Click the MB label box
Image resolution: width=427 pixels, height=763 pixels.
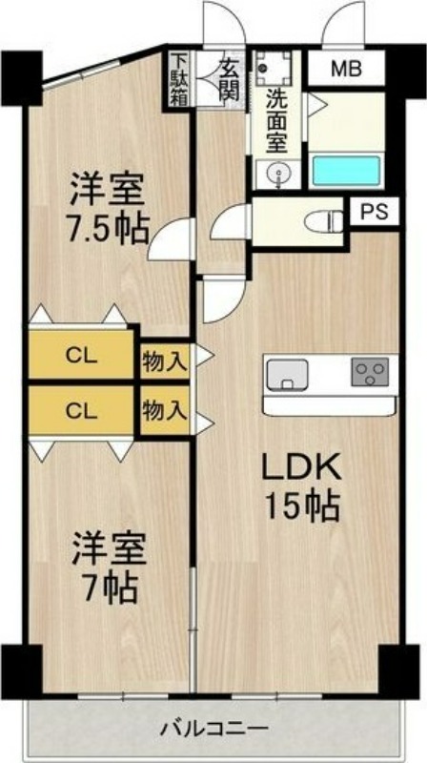pyautogui.click(x=347, y=69)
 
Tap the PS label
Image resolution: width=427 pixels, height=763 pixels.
pyautogui.click(x=375, y=212)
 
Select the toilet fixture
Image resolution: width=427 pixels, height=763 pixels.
pyautogui.click(x=324, y=222)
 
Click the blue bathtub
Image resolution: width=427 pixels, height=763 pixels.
pyautogui.click(x=346, y=170)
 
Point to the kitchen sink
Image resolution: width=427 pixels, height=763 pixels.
pyautogui.click(x=288, y=375)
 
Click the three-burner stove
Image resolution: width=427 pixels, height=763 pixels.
pyautogui.click(x=371, y=372)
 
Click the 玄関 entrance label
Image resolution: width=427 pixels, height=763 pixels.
pyautogui.click(x=228, y=79)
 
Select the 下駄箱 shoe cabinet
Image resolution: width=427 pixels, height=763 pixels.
pyautogui.click(x=177, y=79)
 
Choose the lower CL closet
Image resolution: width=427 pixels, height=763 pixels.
pyautogui.click(x=81, y=412)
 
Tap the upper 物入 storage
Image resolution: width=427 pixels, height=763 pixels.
pyautogui.click(x=164, y=361)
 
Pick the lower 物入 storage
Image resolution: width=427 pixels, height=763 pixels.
pyautogui.click(x=164, y=412)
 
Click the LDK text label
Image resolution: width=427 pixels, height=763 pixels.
pyautogui.click(x=300, y=468)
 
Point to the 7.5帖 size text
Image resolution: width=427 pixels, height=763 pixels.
pyautogui.click(x=108, y=229)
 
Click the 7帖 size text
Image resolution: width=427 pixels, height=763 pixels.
pyautogui.click(x=110, y=588)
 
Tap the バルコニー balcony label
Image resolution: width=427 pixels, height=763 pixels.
pyautogui.click(x=214, y=729)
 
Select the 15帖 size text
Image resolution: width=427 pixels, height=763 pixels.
pyautogui.click(x=301, y=505)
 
